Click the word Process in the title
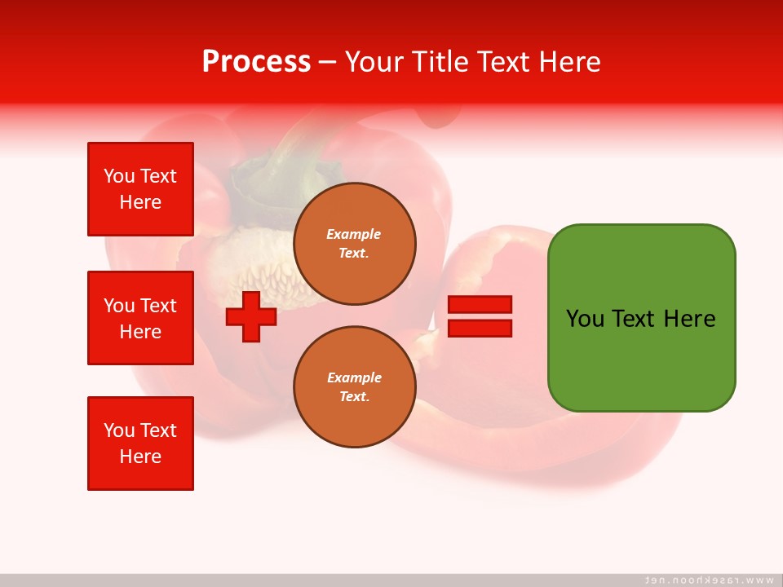point(256,61)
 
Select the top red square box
point(141,189)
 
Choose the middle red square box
point(141,318)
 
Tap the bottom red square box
point(141,444)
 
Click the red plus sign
point(251,316)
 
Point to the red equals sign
point(480,316)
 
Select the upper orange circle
point(355,244)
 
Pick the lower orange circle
point(355,386)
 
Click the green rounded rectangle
point(642,318)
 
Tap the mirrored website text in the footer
point(709,580)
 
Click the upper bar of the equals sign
point(480,304)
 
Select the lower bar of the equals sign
point(480,329)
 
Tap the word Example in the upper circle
point(353,234)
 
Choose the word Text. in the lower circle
point(355,396)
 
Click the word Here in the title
point(570,62)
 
